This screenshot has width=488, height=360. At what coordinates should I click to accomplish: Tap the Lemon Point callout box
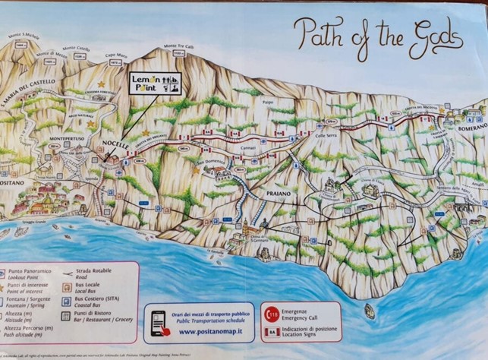(x=155, y=84)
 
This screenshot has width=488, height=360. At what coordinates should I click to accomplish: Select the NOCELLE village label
(x=115, y=143)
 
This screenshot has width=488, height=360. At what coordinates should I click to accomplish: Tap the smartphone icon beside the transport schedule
(x=160, y=320)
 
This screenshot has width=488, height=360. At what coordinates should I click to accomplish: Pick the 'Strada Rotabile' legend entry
(x=99, y=271)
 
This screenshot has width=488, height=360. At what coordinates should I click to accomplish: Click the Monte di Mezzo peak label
(x=50, y=54)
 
